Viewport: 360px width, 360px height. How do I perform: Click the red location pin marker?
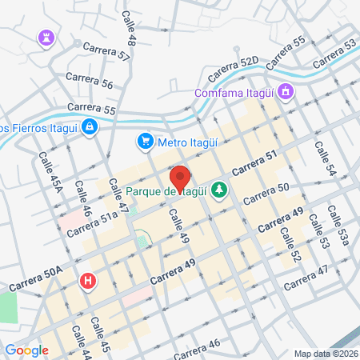tap(179, 178)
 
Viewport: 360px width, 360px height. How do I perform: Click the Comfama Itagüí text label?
tap(234, 94)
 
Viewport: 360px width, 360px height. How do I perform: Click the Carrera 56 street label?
tap(90, 80)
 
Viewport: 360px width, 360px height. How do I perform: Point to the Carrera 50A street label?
tap(36, 279)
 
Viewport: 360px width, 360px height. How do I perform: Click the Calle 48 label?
tap(130, 28)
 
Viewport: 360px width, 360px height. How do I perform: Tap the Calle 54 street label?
tap(323, 159)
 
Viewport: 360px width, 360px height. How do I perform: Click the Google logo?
tap(26, 350)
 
